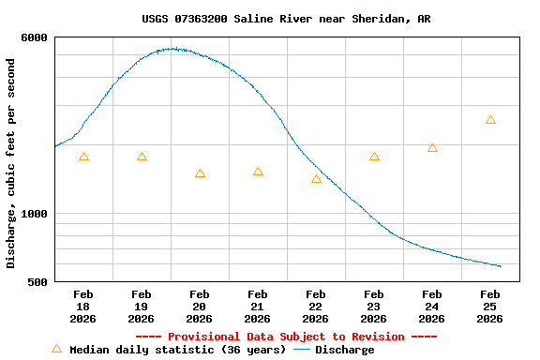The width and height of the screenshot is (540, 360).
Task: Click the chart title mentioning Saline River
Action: tap(287, 19)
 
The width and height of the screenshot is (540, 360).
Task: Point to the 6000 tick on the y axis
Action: tap(35, 37)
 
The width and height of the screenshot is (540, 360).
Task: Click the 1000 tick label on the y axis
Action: tap(35, 214)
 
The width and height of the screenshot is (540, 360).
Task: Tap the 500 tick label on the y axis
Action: tap(38, 282)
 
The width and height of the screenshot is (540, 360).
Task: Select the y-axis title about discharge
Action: tap(11, 163)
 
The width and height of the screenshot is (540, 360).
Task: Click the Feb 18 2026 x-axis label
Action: tap(82, 307)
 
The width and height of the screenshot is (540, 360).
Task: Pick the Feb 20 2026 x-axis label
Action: tap(199, 307)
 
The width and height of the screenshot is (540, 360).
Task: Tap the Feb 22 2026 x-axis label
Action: tap(315, 307)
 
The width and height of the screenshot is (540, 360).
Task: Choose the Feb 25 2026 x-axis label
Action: tap(489, 307)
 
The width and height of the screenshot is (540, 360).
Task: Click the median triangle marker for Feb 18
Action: tap(83, 157)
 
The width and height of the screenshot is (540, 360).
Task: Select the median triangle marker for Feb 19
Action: tap(142, 157)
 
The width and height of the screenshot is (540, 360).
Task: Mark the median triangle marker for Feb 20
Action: tap(200, 173)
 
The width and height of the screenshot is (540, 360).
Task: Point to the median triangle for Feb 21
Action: tap(258, 172)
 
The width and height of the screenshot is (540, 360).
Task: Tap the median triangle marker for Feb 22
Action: tap(316, 179)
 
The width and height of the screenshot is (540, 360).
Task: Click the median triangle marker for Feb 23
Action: tap(374, 157)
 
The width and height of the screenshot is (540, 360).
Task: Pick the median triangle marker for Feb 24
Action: tap(432, 148)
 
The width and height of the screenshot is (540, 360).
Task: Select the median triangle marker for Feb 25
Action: tap(490, 120)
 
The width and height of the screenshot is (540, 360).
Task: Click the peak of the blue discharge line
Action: tap(173, 49)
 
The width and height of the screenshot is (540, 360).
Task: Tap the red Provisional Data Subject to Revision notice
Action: tap(286, 337)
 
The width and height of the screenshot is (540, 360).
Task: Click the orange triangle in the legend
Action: tap(56, 349)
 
